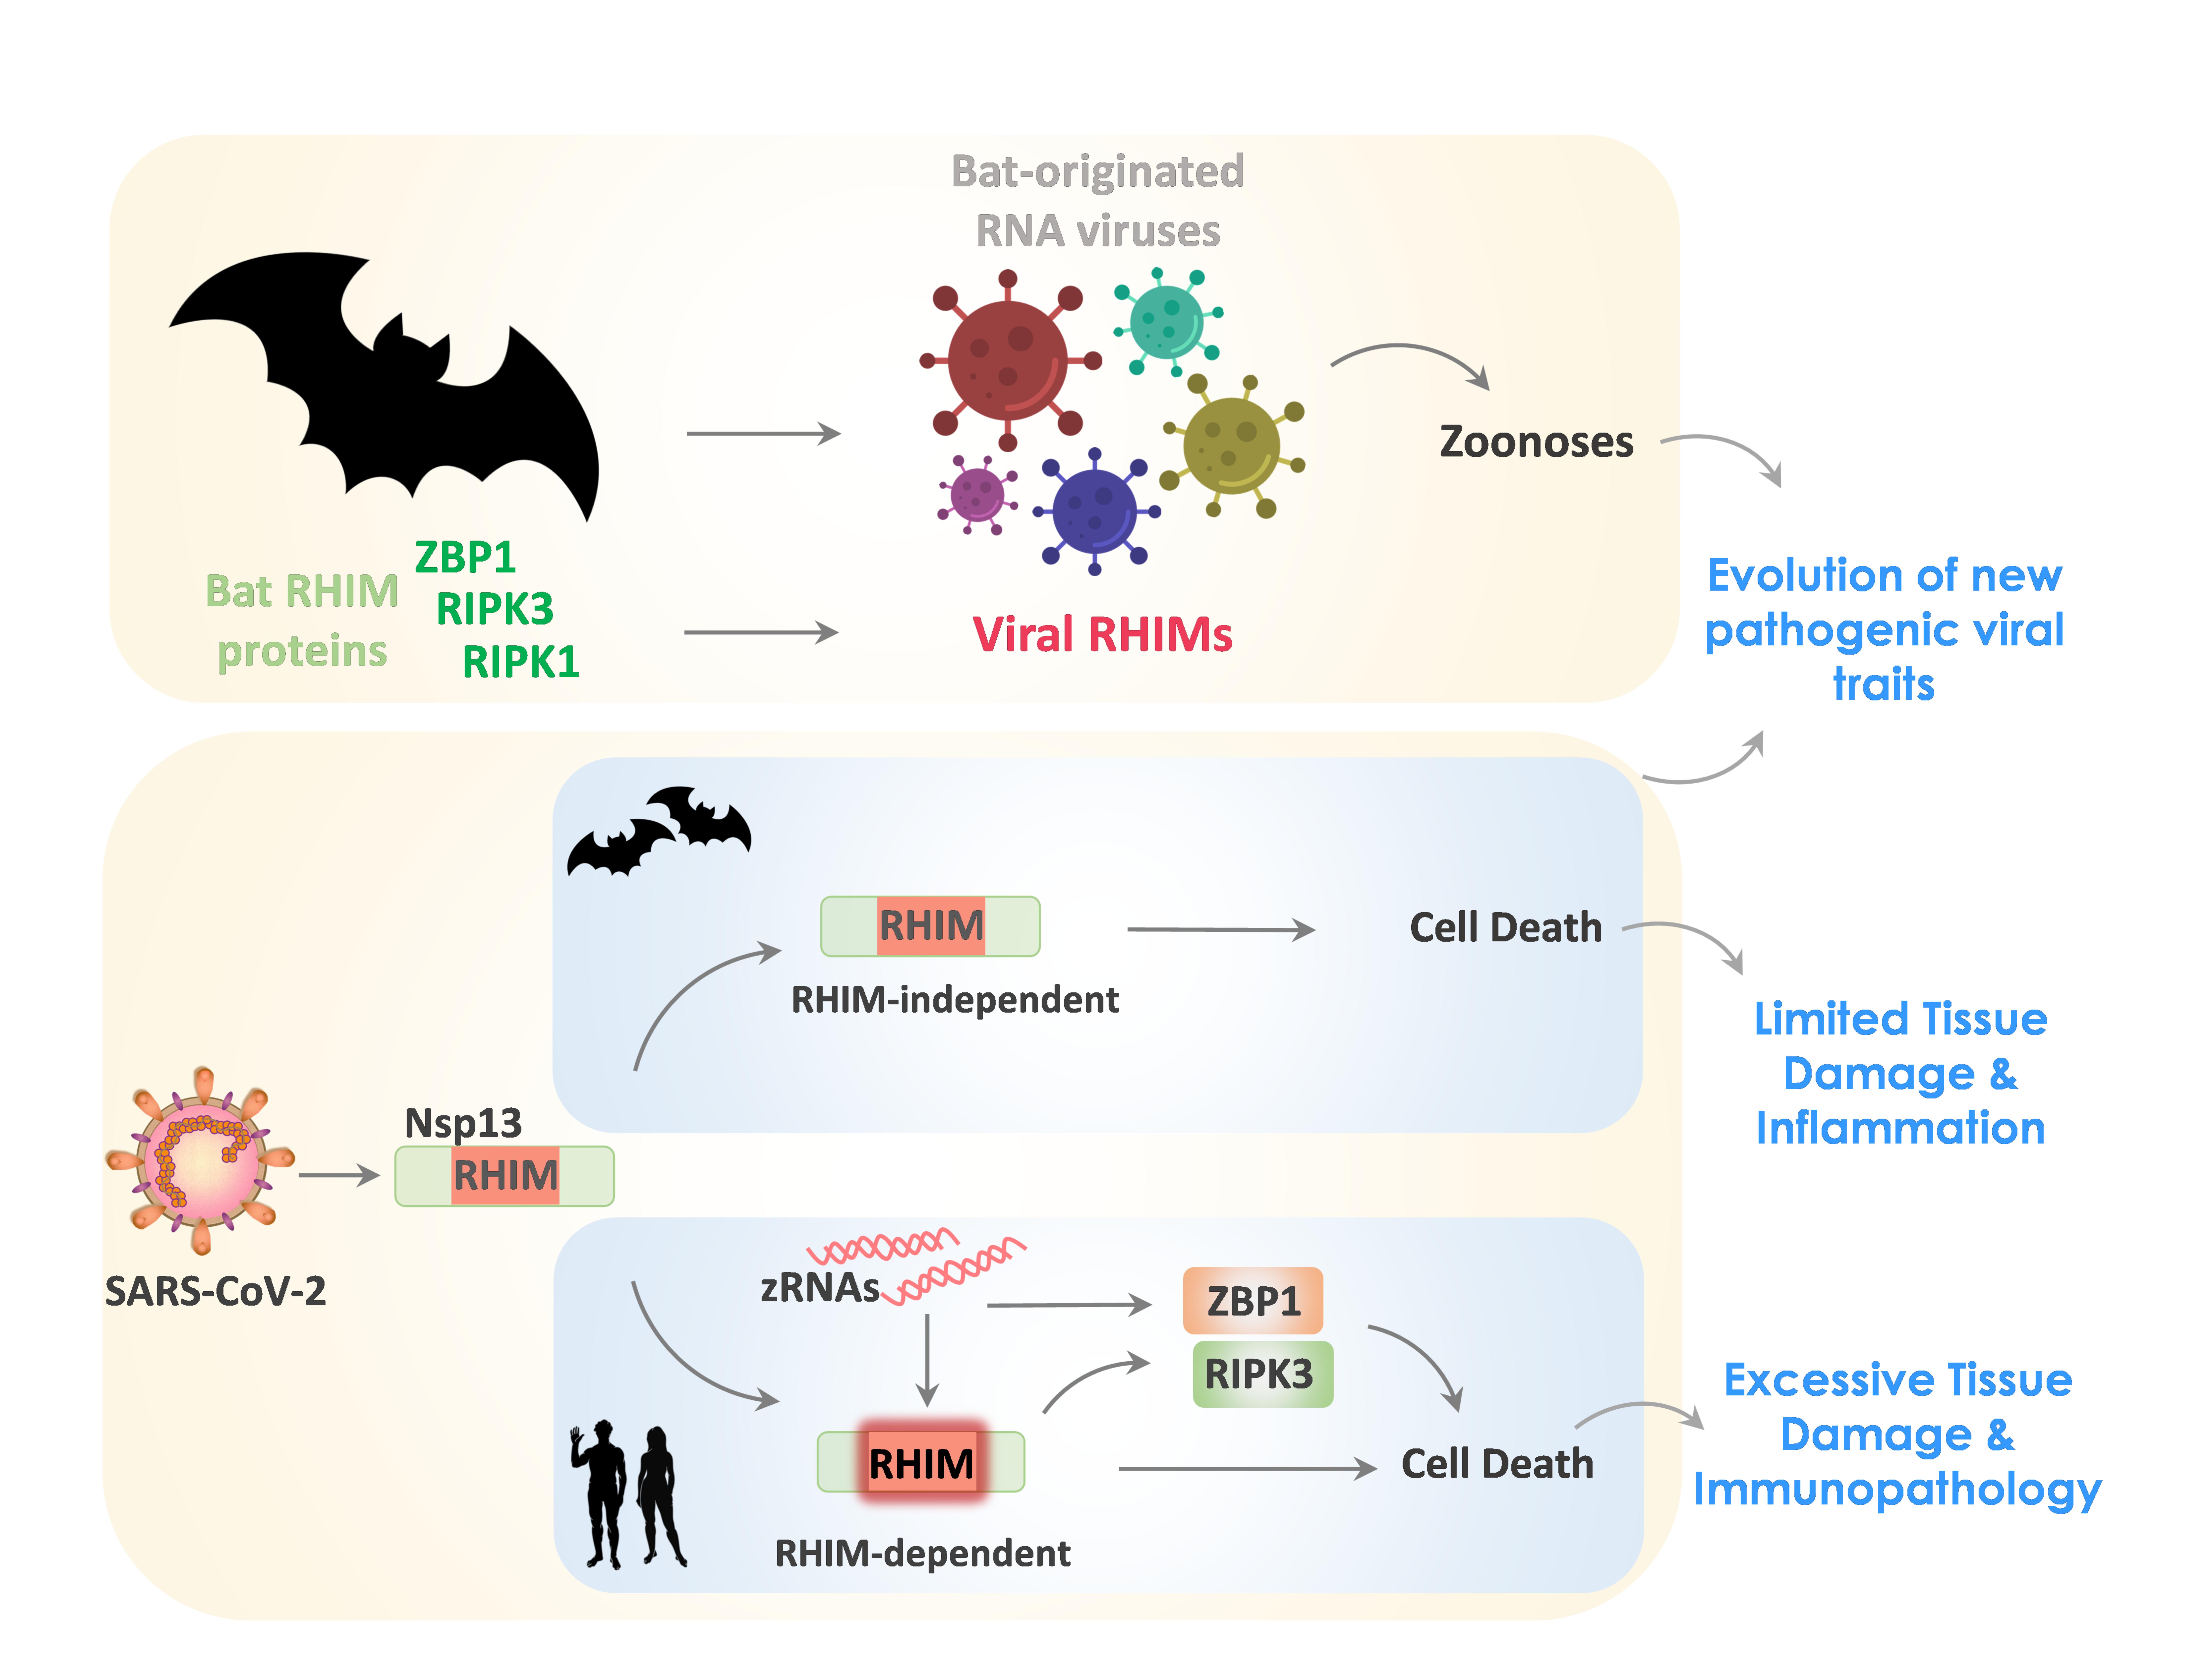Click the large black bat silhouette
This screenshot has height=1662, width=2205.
(x=399, y=389)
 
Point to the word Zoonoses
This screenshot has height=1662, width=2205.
(x=1536, y=442)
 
